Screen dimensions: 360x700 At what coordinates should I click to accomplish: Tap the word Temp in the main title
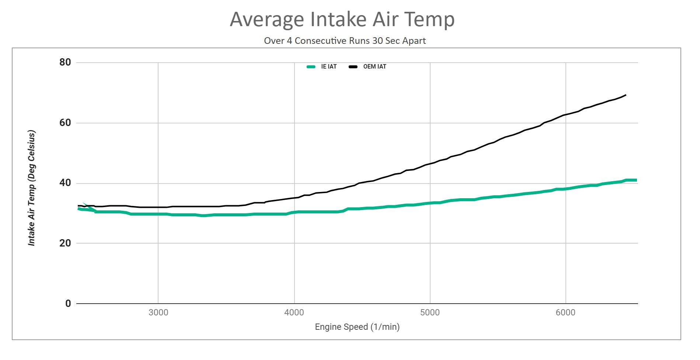(x=429, y=20)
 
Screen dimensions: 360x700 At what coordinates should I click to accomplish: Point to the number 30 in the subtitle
(x=377, y=41)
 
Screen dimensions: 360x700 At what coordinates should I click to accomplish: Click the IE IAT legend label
(x=329, y=67)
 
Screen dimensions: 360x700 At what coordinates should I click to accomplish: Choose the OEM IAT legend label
(x=375, y=67)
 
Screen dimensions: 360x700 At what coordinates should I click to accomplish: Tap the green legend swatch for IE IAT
(x=311, y=67)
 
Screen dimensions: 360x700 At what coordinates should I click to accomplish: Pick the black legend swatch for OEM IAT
(x=353, y=67)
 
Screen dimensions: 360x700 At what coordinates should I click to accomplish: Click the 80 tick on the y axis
(x=65, y=62)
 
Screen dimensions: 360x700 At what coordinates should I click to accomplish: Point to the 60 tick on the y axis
(x=65, y=123)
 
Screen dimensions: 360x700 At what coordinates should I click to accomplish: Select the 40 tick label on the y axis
(x=65, y=183)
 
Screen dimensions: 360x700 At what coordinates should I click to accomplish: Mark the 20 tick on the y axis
(x=65, y=243)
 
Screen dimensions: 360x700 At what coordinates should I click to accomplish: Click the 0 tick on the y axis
(x=68, y=304)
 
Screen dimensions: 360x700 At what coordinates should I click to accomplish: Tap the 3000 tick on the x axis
(x=158, y=313)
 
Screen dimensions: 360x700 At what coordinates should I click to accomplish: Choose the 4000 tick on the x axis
(x=294, y=313)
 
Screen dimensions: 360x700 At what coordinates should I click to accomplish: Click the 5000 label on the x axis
(x=430, y=313)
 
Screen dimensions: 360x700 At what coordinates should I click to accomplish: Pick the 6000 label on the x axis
(x=565, y=313)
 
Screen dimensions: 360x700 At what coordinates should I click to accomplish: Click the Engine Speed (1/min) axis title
(x=357, y=327)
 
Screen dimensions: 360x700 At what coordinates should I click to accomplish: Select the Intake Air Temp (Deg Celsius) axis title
(x=32, y=188)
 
